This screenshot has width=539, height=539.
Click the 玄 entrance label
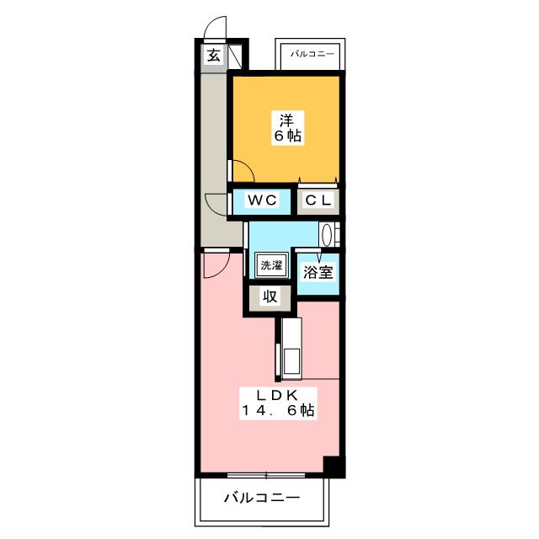click(214, 56)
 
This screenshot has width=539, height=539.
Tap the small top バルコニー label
click(312, 54)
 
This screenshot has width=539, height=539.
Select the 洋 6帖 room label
click(287, 128)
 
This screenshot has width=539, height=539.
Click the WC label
click(262, 200)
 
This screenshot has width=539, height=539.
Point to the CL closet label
click(318, 200)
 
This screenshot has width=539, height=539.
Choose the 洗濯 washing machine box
click(271, 265)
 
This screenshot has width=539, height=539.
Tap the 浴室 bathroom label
click(318, 273)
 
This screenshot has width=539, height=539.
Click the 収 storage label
click(269, 296)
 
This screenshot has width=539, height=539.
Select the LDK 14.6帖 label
click(278, 403)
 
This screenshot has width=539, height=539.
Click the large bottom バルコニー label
click(262, 498)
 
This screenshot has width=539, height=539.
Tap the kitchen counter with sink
click(291, 349)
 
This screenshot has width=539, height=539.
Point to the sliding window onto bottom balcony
click(266, 475)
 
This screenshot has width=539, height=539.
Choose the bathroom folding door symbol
click(318, 254)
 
